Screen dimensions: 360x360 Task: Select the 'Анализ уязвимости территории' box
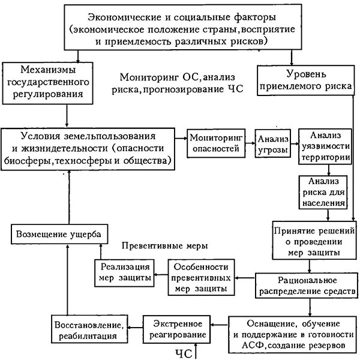coord(324,147)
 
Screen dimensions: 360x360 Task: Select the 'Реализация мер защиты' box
coord(122,272)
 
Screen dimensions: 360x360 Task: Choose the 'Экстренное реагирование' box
coord(179,328)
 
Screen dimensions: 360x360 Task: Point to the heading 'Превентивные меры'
coord(164,247)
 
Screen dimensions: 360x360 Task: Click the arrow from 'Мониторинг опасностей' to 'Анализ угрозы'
coord(250,139)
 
